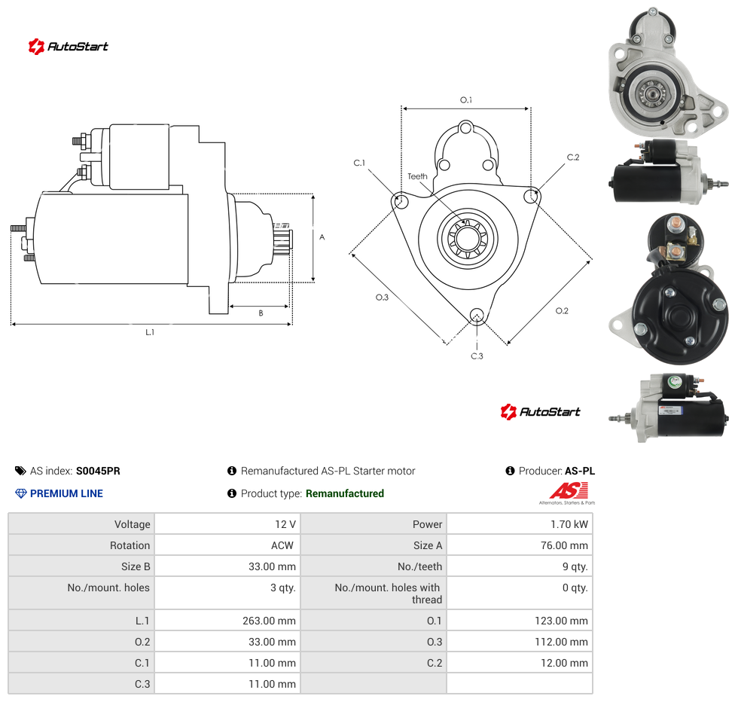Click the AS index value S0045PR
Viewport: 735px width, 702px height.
coord(98,471)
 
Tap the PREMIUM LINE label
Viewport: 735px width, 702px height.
coord(66,493)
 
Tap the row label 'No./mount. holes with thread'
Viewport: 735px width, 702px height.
coord(387,594)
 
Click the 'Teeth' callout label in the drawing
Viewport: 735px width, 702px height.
coord(417,176)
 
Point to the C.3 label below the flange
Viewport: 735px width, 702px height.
coord(477,356)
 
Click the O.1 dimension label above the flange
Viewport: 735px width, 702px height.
coord(466,100)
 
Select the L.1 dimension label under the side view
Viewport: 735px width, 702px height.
coord(150,332)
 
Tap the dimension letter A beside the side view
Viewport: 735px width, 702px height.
coord(322,237)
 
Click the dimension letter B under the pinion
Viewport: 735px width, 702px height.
coord(261,313)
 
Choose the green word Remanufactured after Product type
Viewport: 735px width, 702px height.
coord(345,493)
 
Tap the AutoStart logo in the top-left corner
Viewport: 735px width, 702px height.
coord(68,47)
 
